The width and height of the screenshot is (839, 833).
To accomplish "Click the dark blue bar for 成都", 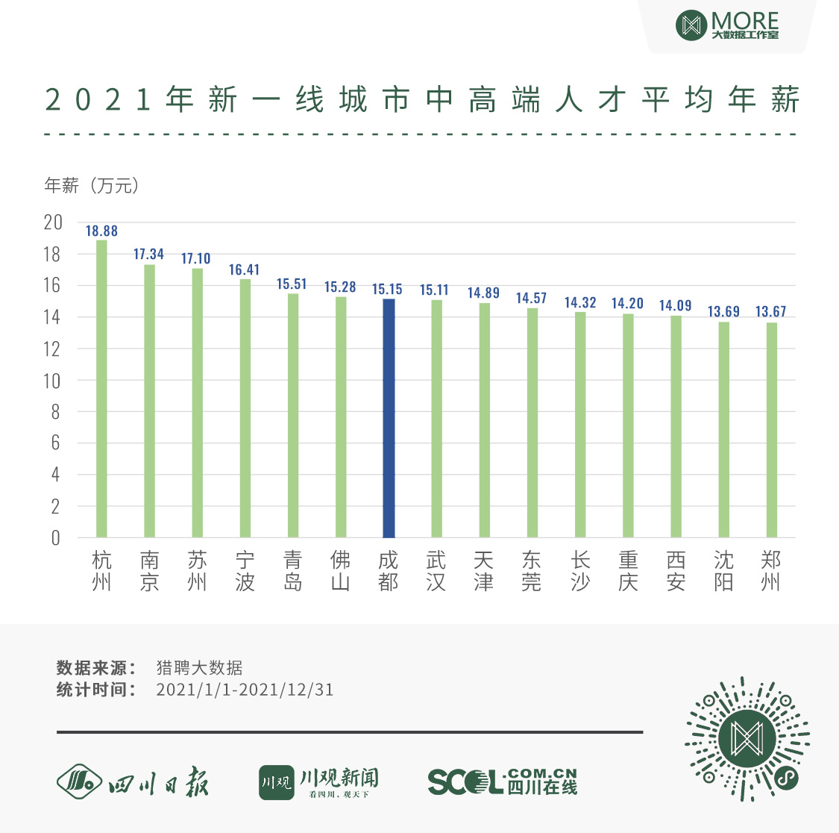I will (x=389, y=418).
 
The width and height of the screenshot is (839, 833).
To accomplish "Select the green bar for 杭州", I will (x=101, y=388).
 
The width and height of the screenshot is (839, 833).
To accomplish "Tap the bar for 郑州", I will (x=771, y=430).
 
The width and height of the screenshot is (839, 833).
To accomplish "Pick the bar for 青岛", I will (x=293, y=415).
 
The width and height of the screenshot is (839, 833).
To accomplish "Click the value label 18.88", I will (x=101, y=231).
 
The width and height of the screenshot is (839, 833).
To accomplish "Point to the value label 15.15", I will (x=387, y=290).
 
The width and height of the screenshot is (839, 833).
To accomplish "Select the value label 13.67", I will (x=770, y=312).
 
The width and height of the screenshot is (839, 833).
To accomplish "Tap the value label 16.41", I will (x=244, y=270).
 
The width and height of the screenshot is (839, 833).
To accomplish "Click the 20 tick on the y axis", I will (x=53, y=222).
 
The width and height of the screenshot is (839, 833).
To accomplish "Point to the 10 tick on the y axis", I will (x=52, y=381).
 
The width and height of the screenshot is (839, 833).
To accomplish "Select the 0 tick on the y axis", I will (x=55, y=538).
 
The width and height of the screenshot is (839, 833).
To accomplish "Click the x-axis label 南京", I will (x=149, y=571).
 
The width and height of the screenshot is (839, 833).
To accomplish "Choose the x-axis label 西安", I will (x=676, y=571).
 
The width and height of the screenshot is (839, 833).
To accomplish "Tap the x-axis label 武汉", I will (x=436, y=571).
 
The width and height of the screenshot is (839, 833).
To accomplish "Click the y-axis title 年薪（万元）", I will (x=92, y=186).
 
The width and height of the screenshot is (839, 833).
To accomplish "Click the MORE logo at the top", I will (x=726, y=25).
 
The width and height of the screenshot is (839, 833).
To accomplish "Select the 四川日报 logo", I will (x=133, y=781).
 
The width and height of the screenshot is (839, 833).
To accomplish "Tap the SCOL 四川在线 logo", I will (x=502, y=781).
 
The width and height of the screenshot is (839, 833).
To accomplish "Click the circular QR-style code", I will (x=747, y=738).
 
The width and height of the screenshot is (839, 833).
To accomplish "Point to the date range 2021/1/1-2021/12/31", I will (x=245, y=690).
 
